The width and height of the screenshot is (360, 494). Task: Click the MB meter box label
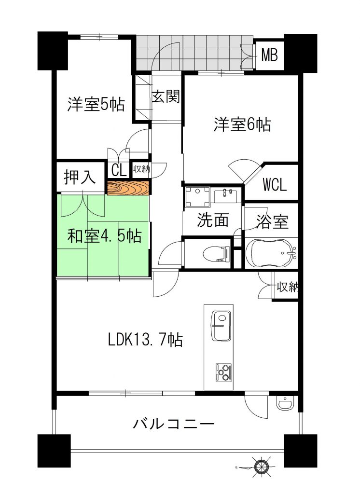pos(270,55)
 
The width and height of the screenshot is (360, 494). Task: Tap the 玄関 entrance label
pos(166,96)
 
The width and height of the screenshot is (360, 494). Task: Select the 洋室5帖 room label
pos(96,104)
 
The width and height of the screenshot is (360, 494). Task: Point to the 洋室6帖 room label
pos(242,124)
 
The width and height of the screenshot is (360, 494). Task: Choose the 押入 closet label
pos(80,178)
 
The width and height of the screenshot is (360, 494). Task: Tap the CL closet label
pos(119,170)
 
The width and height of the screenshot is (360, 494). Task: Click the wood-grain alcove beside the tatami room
pos(128,189)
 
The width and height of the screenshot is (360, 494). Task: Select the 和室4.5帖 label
pos(104,235)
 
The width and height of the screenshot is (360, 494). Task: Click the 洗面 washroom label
pos(213,220)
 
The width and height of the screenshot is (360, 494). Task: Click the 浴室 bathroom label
pos(272,221)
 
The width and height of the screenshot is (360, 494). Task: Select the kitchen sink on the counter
pos(222,326)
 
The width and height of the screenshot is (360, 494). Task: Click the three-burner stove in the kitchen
pos(223,373)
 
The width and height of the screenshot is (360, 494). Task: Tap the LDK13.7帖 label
pos(145,340)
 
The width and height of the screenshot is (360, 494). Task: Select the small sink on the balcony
pos(286,403)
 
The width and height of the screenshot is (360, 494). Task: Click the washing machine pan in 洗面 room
pos(198,196)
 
